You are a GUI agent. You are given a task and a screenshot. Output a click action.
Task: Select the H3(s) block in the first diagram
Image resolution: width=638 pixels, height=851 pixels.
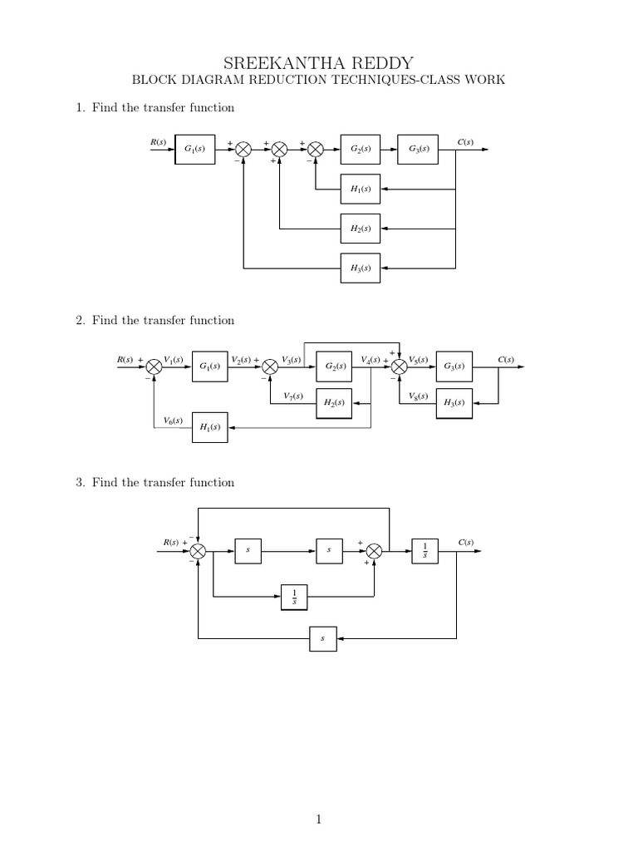tap(360, 268)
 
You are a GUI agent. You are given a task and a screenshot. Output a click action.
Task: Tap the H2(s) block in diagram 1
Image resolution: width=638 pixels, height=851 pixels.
tap(360, 228)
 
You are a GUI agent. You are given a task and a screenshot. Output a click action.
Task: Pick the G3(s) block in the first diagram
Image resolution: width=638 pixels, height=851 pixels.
tap(419, 150)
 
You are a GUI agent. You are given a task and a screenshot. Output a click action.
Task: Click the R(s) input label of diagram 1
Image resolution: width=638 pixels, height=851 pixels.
tap(158, 142)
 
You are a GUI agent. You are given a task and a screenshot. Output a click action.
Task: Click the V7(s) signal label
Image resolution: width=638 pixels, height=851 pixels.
tap(292, 396)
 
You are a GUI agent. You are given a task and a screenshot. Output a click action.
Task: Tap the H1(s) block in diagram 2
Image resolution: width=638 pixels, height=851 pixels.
tap(209, 427)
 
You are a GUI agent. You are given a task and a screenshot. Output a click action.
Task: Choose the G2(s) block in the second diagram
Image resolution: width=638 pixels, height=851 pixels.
tap(335, 366)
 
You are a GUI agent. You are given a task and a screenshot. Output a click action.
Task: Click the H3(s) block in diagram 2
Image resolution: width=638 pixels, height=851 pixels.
tap(454, 403)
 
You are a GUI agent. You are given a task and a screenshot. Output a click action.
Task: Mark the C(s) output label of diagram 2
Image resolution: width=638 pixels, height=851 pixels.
tap(506, 359)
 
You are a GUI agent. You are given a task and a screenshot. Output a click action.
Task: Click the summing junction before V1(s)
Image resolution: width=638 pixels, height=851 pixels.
tap(155, 366)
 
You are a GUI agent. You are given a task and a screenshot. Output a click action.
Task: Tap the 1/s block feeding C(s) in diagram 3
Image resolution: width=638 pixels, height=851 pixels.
tap(425, 550)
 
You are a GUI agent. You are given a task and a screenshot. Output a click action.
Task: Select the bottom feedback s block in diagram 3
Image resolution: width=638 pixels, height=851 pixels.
tap(322, 638)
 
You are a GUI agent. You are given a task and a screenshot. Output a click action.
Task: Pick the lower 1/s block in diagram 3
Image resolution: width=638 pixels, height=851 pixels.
tap(294, 596)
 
